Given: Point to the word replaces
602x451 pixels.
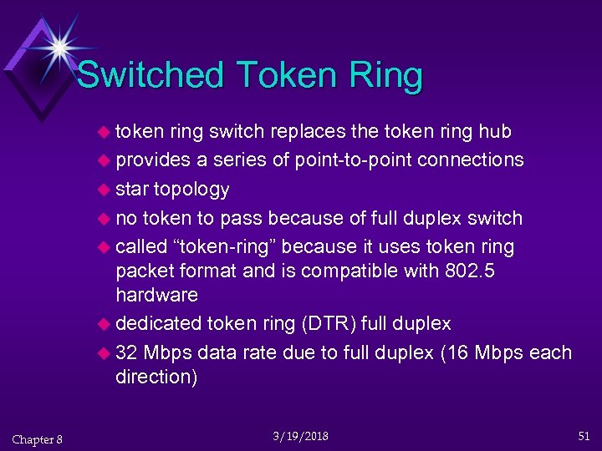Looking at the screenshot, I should [x=321, y=131].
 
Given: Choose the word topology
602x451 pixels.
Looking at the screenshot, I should [x=191, y=189].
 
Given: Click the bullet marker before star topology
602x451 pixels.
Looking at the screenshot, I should [x=105, y=190].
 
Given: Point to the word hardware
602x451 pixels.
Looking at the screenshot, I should [x=156, y=295].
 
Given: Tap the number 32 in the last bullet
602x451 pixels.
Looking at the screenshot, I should [x=127, y=352].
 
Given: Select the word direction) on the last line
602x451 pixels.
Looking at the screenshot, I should [x=156, y=377].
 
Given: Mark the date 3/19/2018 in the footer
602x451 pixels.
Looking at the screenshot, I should [x=300, y=436].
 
